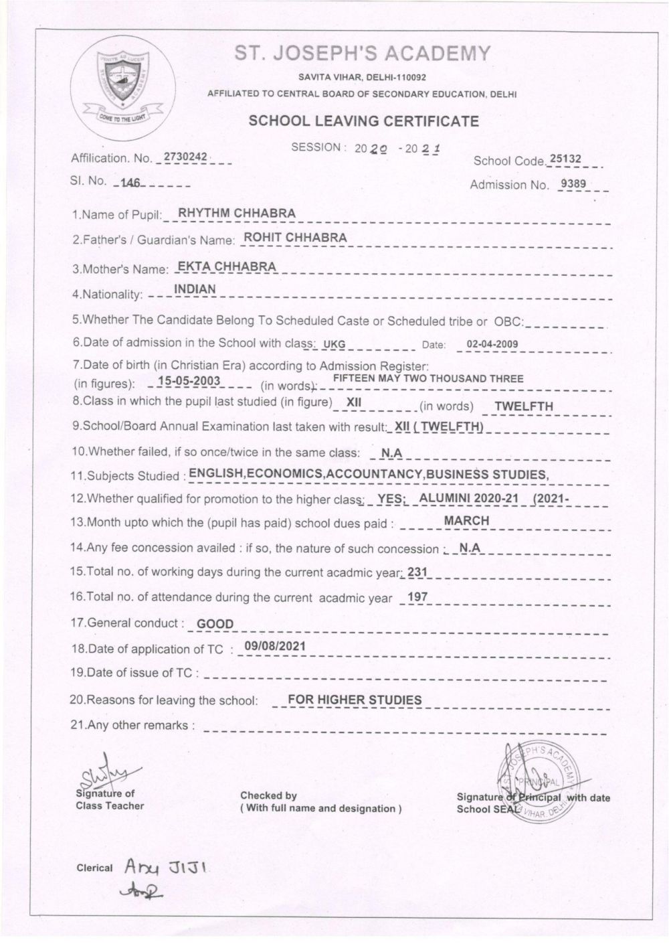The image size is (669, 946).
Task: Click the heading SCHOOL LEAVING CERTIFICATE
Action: pos(363,121)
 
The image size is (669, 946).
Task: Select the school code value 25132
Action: pos(565,159)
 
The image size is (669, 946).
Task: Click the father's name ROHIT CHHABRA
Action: pos(295,237)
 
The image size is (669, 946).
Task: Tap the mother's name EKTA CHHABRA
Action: pos(225,266)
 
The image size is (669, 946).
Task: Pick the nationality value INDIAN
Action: pos(195,289)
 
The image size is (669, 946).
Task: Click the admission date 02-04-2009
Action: pos(492,345)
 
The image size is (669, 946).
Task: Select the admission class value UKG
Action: pos(334,345)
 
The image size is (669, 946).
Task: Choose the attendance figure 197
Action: pos(417,597)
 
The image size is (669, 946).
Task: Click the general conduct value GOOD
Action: pos(215,624)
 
